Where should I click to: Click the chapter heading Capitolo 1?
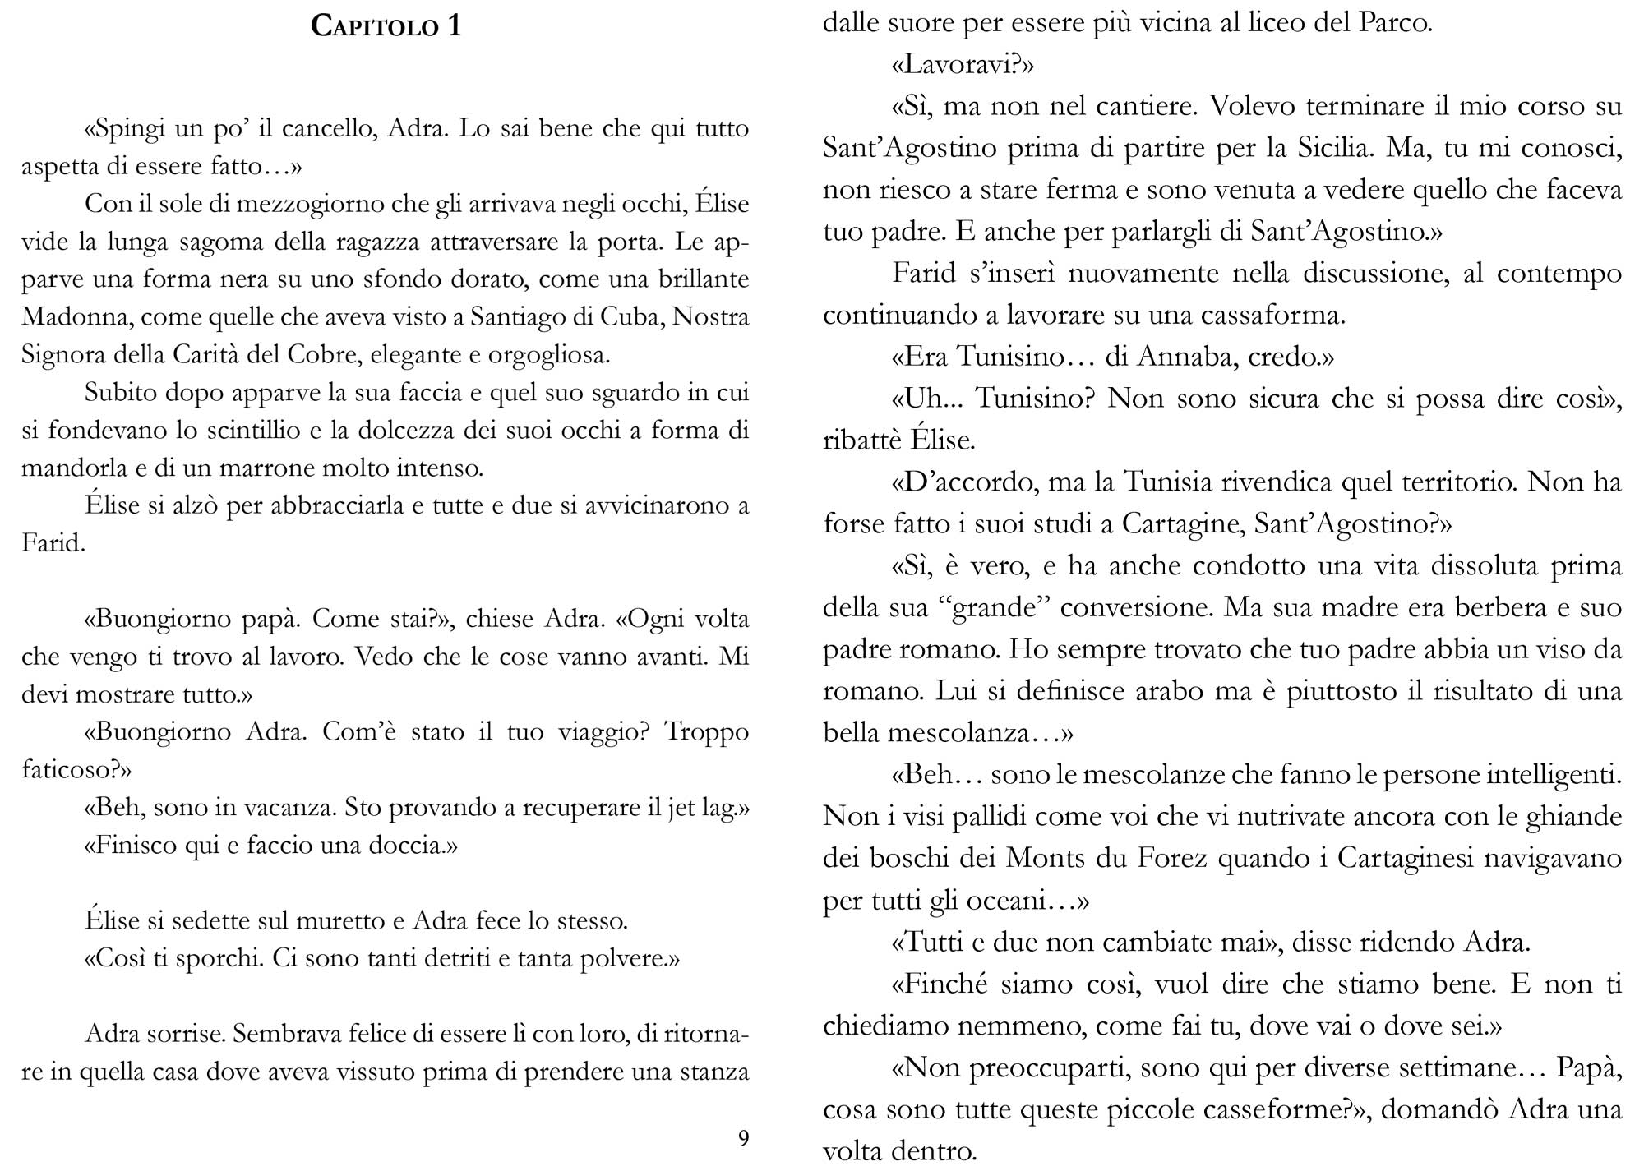coord(386,26)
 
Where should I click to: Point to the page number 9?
coord(743,1138)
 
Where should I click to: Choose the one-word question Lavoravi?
coord(962,65)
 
